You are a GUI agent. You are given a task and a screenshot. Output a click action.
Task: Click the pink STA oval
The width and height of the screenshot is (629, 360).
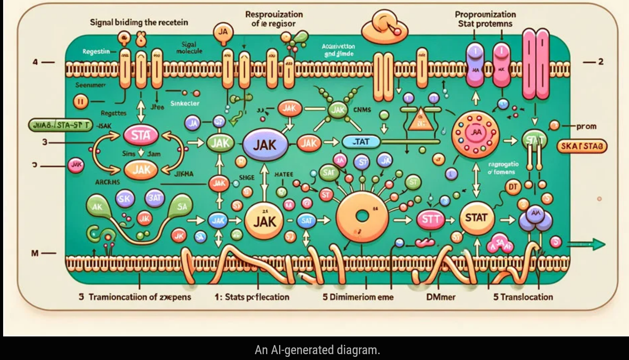[x=141, y=136]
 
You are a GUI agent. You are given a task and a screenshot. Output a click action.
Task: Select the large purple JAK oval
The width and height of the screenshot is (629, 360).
[x=265, y=145]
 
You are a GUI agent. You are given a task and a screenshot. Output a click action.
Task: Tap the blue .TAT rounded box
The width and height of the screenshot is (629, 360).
[x=361, y=142]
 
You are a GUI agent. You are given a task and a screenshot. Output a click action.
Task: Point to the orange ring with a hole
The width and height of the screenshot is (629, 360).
[x=362, y=216]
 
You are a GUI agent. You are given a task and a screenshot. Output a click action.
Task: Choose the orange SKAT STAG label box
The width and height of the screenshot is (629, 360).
[x=582, y=146]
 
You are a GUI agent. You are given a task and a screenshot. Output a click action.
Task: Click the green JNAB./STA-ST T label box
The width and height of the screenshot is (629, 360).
[x=60, y=125]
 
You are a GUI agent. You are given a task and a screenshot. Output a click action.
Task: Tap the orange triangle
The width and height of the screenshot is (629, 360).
[x=421, y=120]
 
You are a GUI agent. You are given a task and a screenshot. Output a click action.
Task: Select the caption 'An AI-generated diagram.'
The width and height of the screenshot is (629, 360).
[x=317, y=350]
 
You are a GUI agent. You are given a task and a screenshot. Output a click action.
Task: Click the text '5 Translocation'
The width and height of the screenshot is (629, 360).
[x=523, y=297]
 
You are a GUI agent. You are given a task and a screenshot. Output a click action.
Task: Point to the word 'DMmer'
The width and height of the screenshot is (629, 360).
[x=441, y=297]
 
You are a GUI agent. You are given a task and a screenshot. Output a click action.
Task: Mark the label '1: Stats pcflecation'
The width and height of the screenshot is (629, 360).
[x=252, y=297]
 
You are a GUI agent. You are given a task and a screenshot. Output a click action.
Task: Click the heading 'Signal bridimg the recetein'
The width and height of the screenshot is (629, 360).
[x=139, y=22]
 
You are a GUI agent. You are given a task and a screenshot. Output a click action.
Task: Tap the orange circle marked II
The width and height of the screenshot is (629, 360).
[x=81, y=102]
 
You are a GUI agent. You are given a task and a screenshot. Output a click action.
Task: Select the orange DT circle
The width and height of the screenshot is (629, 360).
[x=513, y=187]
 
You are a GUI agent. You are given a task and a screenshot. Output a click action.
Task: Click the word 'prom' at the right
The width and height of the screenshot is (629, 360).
[x=586, y=127]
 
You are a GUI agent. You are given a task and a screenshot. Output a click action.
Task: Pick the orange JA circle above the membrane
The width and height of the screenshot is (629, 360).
[x=223, y=32]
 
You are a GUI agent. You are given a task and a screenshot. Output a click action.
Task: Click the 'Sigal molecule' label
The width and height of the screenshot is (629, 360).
[x=189, y=48]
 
